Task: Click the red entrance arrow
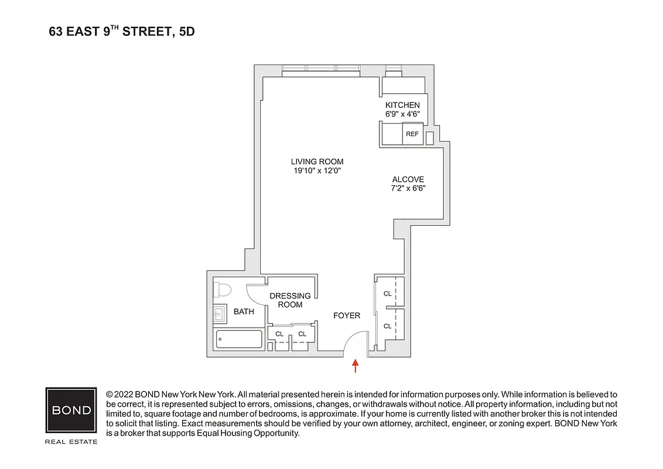[355, 366]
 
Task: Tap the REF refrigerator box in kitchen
[412, 134]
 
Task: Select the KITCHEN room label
[402, 105]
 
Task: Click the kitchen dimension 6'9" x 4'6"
[402, 114]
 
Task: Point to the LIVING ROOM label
[317, 162]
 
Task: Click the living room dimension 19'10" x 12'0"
[317, 171]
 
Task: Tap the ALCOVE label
[408, 179]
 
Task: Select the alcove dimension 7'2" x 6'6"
[408, 189]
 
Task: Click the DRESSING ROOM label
[290, 300]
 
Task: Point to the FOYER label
[347, 316]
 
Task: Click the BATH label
[244, 311]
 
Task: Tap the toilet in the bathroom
[223, 290]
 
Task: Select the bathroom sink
[220, 314]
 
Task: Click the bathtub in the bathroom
[239, 339]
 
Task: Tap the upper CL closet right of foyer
[387, 293]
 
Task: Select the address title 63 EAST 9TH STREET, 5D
[122, 32]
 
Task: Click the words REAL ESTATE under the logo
[71, 441]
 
